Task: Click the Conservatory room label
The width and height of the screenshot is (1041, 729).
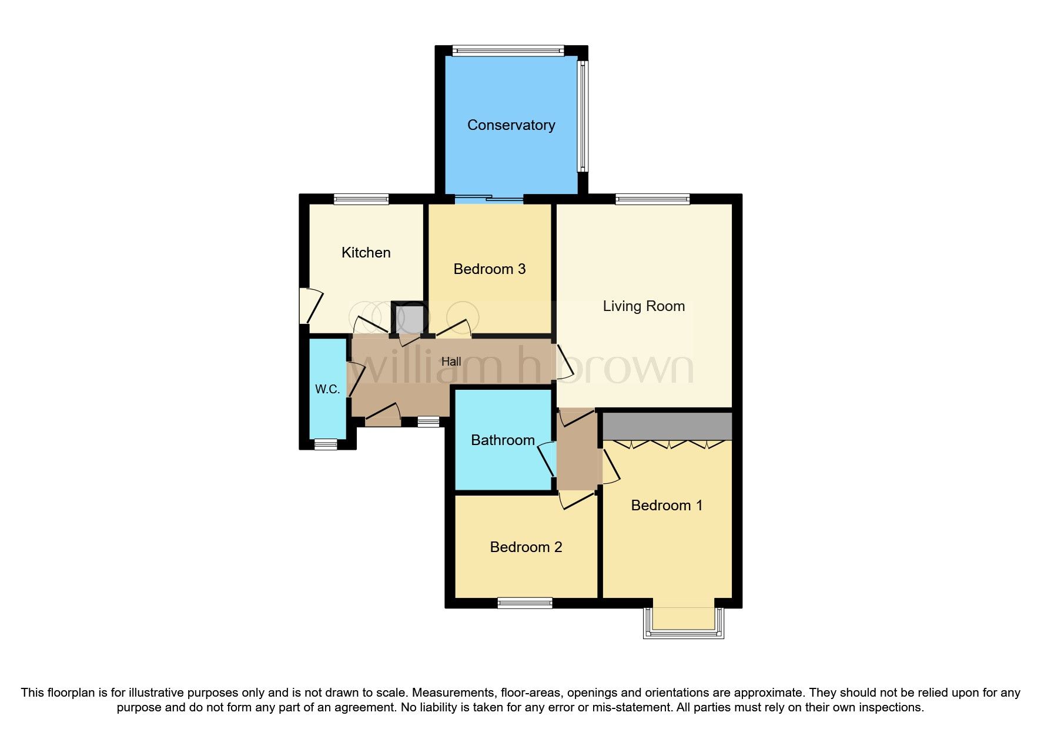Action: [511, 125]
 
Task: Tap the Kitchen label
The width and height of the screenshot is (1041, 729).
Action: [366, 253]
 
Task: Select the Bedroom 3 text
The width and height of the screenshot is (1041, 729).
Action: [489, 269]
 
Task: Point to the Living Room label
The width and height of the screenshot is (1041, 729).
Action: [644, 306]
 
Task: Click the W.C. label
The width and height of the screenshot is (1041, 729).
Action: [327, 389]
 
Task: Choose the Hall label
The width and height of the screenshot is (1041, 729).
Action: [451, 362]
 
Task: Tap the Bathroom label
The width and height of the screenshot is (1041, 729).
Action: [503, 440]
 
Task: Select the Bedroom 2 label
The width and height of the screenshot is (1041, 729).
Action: [525, 547]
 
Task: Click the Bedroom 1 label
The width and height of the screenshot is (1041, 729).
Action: [667, 506]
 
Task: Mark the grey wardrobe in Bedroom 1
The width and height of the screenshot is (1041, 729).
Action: [667, 426]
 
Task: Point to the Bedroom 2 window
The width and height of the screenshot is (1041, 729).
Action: [525, 603]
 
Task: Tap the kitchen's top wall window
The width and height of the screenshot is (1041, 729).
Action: [361, 199]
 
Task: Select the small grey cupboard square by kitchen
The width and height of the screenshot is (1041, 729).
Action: [410, 320]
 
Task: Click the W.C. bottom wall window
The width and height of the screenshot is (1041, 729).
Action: [326, 445]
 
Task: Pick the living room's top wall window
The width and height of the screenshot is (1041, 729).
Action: [652, 199]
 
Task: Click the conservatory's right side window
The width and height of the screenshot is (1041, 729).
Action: [582, 116]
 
